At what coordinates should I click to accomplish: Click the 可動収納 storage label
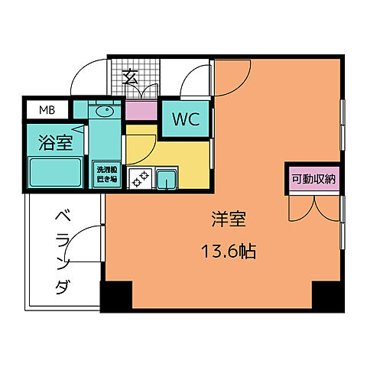(x=313, y=180)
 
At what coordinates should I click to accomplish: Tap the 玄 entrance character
(x=131, y=76)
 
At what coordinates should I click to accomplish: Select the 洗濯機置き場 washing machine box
(x=106, y=174)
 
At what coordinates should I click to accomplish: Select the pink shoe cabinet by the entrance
(x=141, y=110)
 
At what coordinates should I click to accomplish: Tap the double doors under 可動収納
(x=313, y=208)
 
